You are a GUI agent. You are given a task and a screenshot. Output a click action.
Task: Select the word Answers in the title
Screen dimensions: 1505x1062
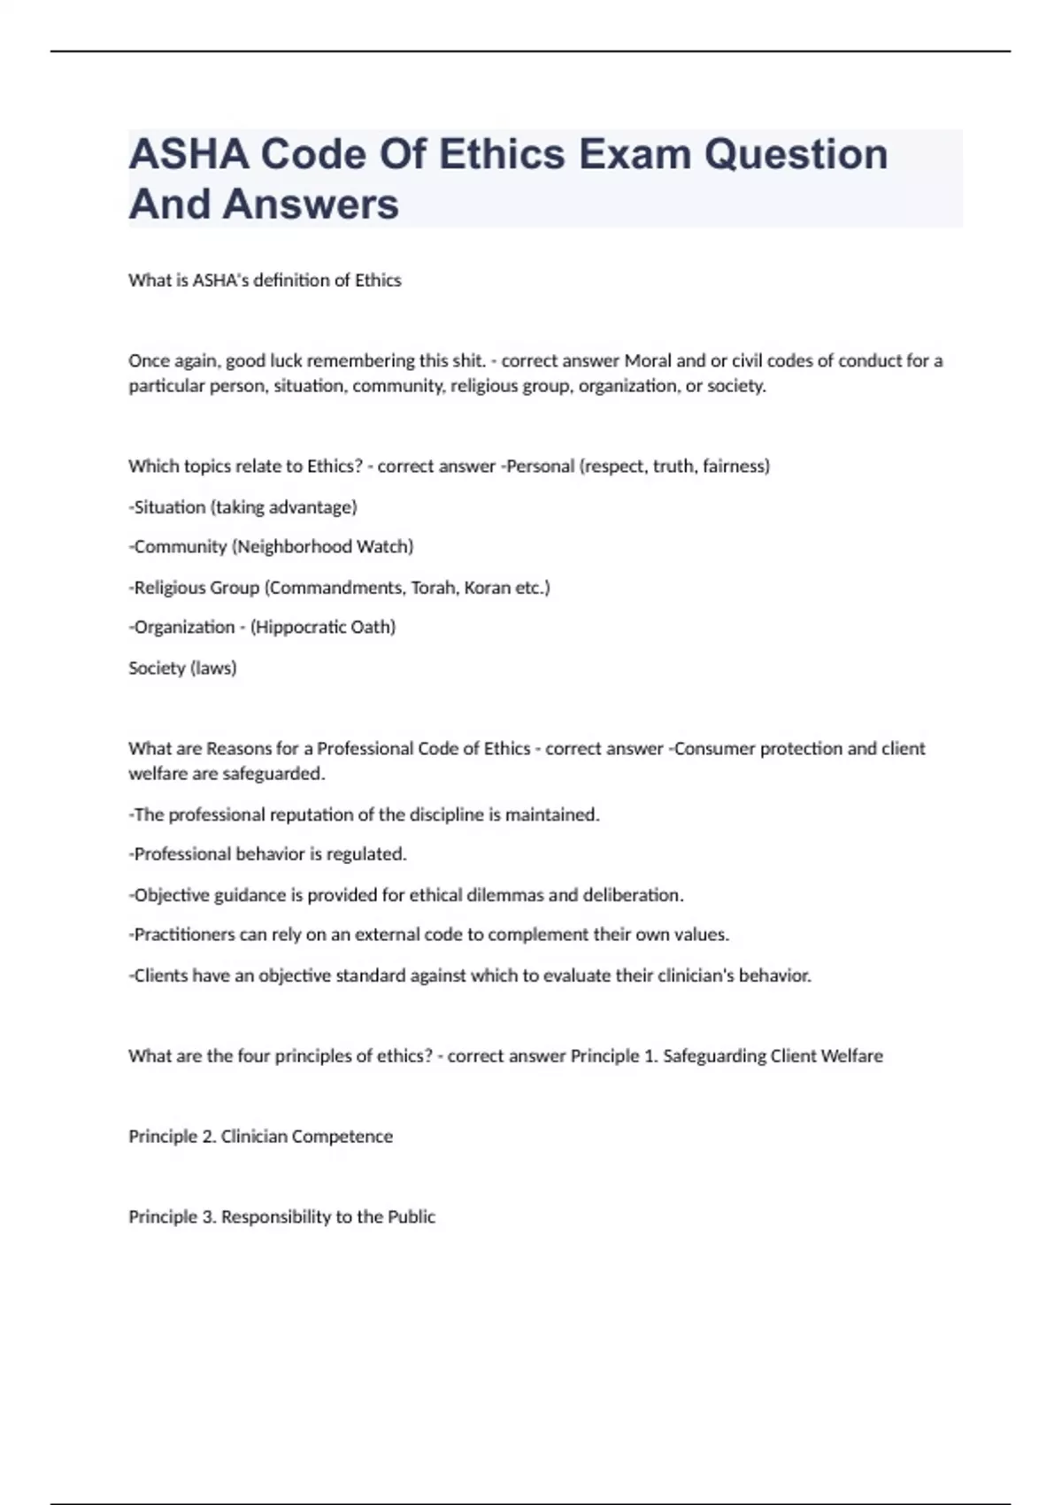[311, 205]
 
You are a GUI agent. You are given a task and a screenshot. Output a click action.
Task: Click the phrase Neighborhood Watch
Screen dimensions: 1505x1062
[322, 546]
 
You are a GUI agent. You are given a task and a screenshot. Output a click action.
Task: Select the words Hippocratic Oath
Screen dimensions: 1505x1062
[323, 627]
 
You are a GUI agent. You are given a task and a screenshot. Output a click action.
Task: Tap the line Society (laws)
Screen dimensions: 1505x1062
[182, 668]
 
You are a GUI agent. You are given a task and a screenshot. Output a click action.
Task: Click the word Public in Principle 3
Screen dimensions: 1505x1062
[411, 1216]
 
